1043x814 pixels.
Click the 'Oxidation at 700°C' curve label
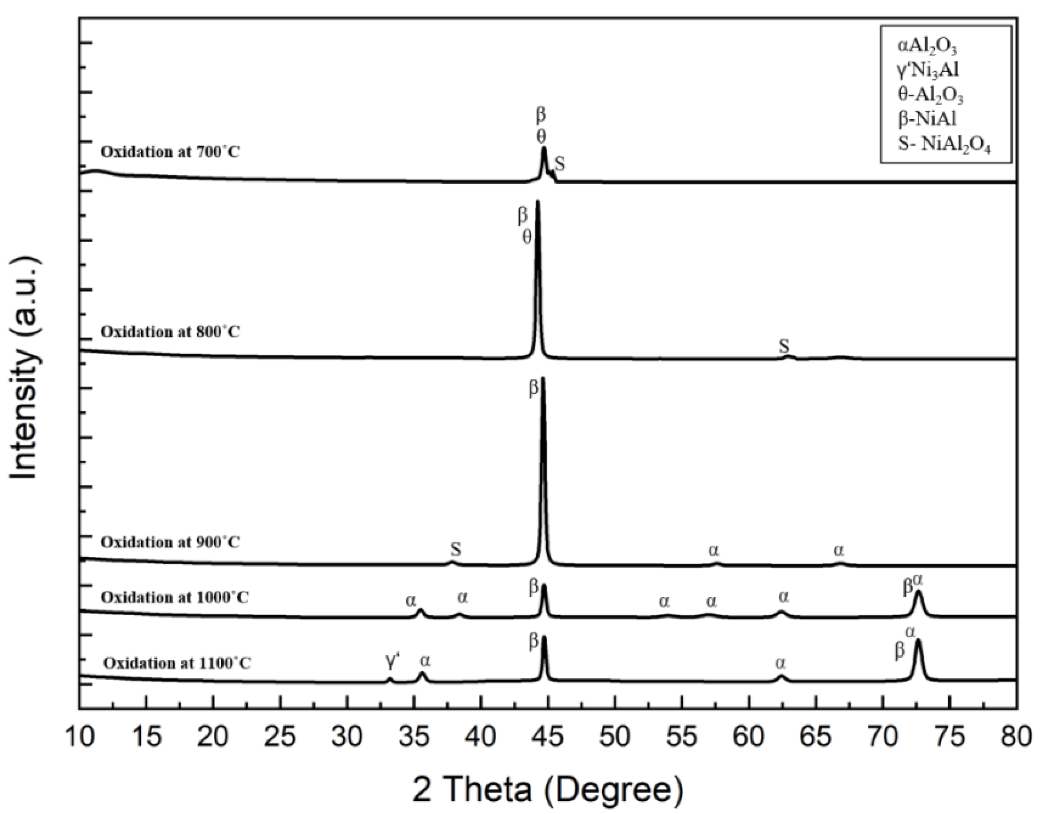pyautogui.click(x=170, y=152)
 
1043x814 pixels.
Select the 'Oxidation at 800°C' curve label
pyautogui.click(x=170, y=332)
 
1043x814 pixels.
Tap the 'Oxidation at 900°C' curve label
pyautogui.click(x=170, y=542)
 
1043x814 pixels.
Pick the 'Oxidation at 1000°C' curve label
pyautogui.click(x=174, y=597)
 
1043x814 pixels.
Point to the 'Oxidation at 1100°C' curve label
pyautogui.click(x=177, y=663)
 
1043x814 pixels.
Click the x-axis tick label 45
pyautogui.click(x=548, y=737)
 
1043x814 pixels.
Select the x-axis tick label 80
pyautogui.click(x=1016, y=737)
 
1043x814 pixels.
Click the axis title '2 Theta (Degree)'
pyautogui.click(x=548, y=791)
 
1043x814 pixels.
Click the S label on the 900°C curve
pyautogui.click(x=456, y=550)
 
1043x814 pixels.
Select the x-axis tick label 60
pyautogui.click(x=749, y=737)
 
